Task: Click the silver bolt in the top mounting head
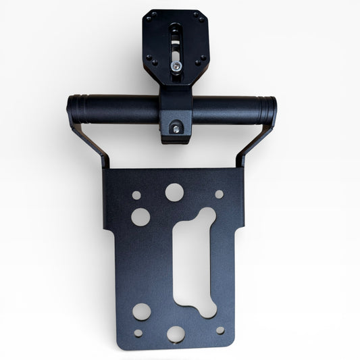coord(176,65)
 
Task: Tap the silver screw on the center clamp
coord(176,126)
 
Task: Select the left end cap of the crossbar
coord(72,108)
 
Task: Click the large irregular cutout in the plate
coord(195,260)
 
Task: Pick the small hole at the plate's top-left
coord(136,195)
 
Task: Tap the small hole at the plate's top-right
coord(219,194)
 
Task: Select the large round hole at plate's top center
coord(174,192)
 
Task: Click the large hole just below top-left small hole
coord(140,217)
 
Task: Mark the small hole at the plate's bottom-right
coord(220,330)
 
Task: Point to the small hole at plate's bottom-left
coord(138,332)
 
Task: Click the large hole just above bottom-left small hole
coord(141,311)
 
